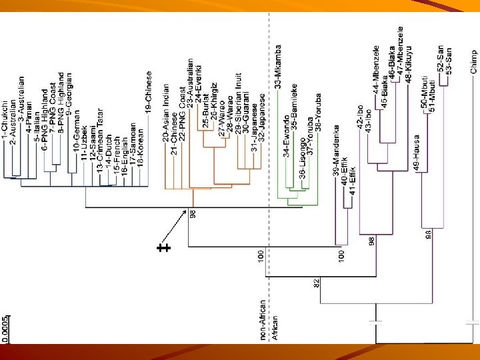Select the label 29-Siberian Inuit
click(x=238, y=101)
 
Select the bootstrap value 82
click(x=317, y=283)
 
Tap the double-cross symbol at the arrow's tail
click(x=163, y=249)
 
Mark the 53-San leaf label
click(x=449, y=60)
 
